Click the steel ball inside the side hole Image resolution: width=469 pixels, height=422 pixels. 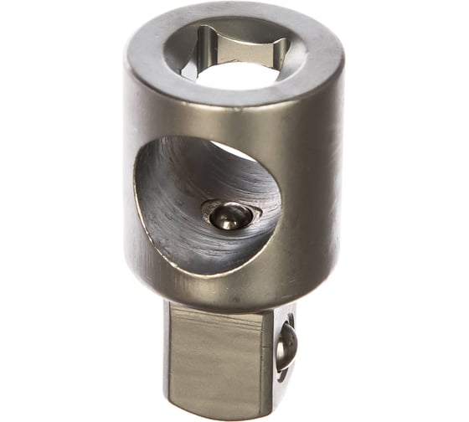pyautogui.click(x=229, y=215)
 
